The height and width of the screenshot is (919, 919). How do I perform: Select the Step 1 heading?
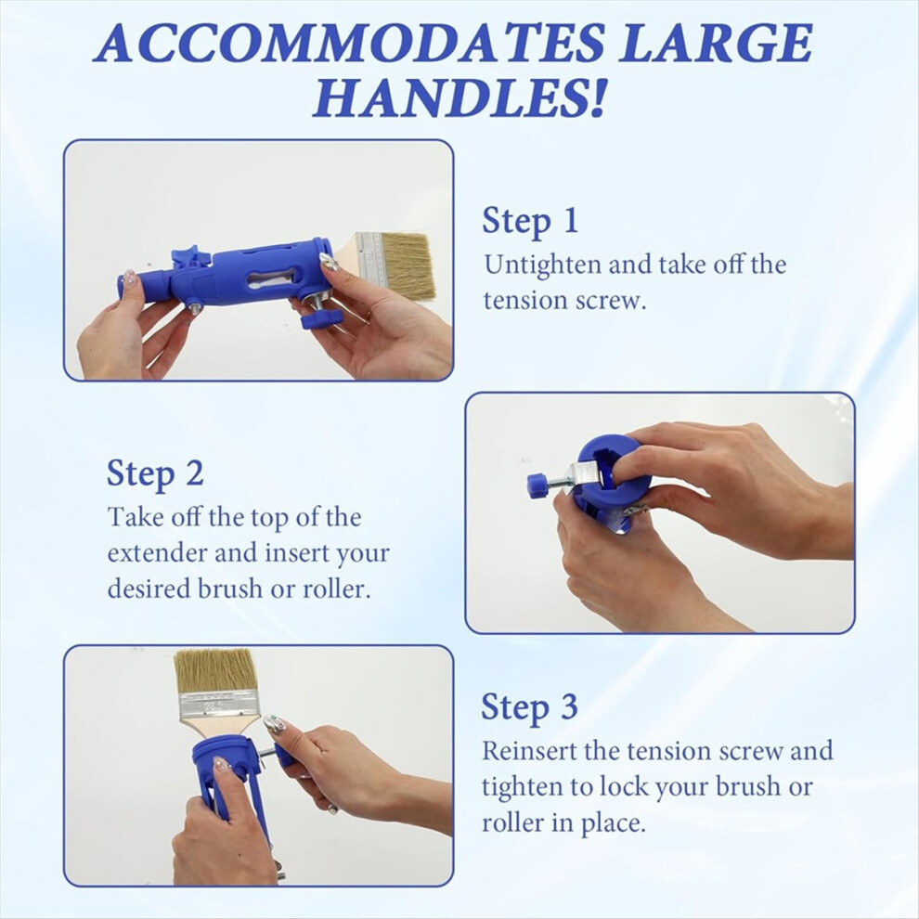530,221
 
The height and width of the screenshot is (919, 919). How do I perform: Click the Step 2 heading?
155,473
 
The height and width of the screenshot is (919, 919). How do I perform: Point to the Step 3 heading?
529,706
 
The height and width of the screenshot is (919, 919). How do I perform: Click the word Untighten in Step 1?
542,265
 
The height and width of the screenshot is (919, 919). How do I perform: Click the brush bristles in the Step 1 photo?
408,265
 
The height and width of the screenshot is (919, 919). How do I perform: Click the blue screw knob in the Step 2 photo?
537,485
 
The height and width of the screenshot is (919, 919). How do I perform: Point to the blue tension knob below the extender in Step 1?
321,318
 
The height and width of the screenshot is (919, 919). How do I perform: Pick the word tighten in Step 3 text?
524,788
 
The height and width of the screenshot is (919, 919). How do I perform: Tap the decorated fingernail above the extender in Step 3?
274,725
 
